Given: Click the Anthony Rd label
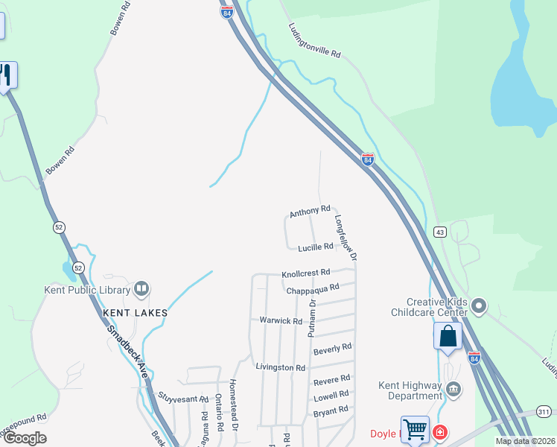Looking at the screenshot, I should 310,212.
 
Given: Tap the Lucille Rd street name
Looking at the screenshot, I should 315,247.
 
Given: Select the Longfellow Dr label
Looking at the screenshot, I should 346,238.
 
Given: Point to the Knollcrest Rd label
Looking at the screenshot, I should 305,274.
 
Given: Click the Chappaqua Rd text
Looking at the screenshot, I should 313,288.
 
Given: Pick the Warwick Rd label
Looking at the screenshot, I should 281,321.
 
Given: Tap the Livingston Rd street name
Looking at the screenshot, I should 281,368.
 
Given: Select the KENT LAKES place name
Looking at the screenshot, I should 136,313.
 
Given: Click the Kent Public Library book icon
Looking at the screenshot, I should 141,289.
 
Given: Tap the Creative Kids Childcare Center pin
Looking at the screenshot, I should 479,305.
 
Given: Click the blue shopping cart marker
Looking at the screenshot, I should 415,428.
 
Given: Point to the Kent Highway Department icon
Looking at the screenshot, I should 453,389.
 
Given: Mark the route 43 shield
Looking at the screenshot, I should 439,232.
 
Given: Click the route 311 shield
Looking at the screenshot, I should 544,412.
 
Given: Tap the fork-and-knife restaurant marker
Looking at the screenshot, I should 6,75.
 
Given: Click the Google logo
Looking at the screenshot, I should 25,438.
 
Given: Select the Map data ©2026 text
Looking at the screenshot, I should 525,441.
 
